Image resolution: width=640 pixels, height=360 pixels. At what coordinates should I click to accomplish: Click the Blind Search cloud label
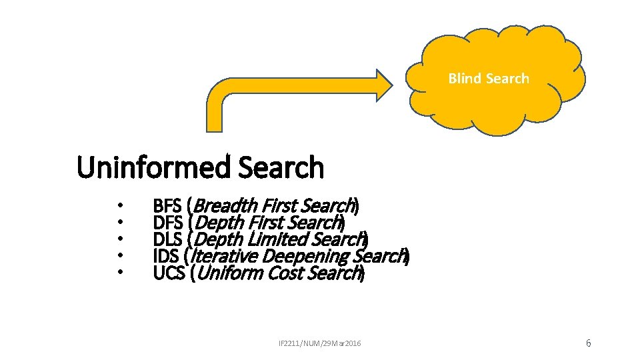tap(489, 79)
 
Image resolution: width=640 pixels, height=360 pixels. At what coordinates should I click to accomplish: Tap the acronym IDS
tap(165, 256)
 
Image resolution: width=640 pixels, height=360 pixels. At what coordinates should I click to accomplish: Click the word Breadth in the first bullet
tap(227, 205)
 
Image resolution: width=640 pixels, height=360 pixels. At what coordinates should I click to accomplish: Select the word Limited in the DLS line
tap(279, 239)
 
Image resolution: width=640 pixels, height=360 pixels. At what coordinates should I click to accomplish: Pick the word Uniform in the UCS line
tap(230, 273)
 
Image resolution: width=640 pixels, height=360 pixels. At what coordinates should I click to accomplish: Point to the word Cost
tap(286, 273)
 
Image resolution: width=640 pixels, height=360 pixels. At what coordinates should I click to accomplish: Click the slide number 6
tap(588, 343)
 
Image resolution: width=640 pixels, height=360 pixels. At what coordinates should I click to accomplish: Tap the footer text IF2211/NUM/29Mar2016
tap(319, 343)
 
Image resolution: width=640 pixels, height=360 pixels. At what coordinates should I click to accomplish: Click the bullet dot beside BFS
tap(119, 205)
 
